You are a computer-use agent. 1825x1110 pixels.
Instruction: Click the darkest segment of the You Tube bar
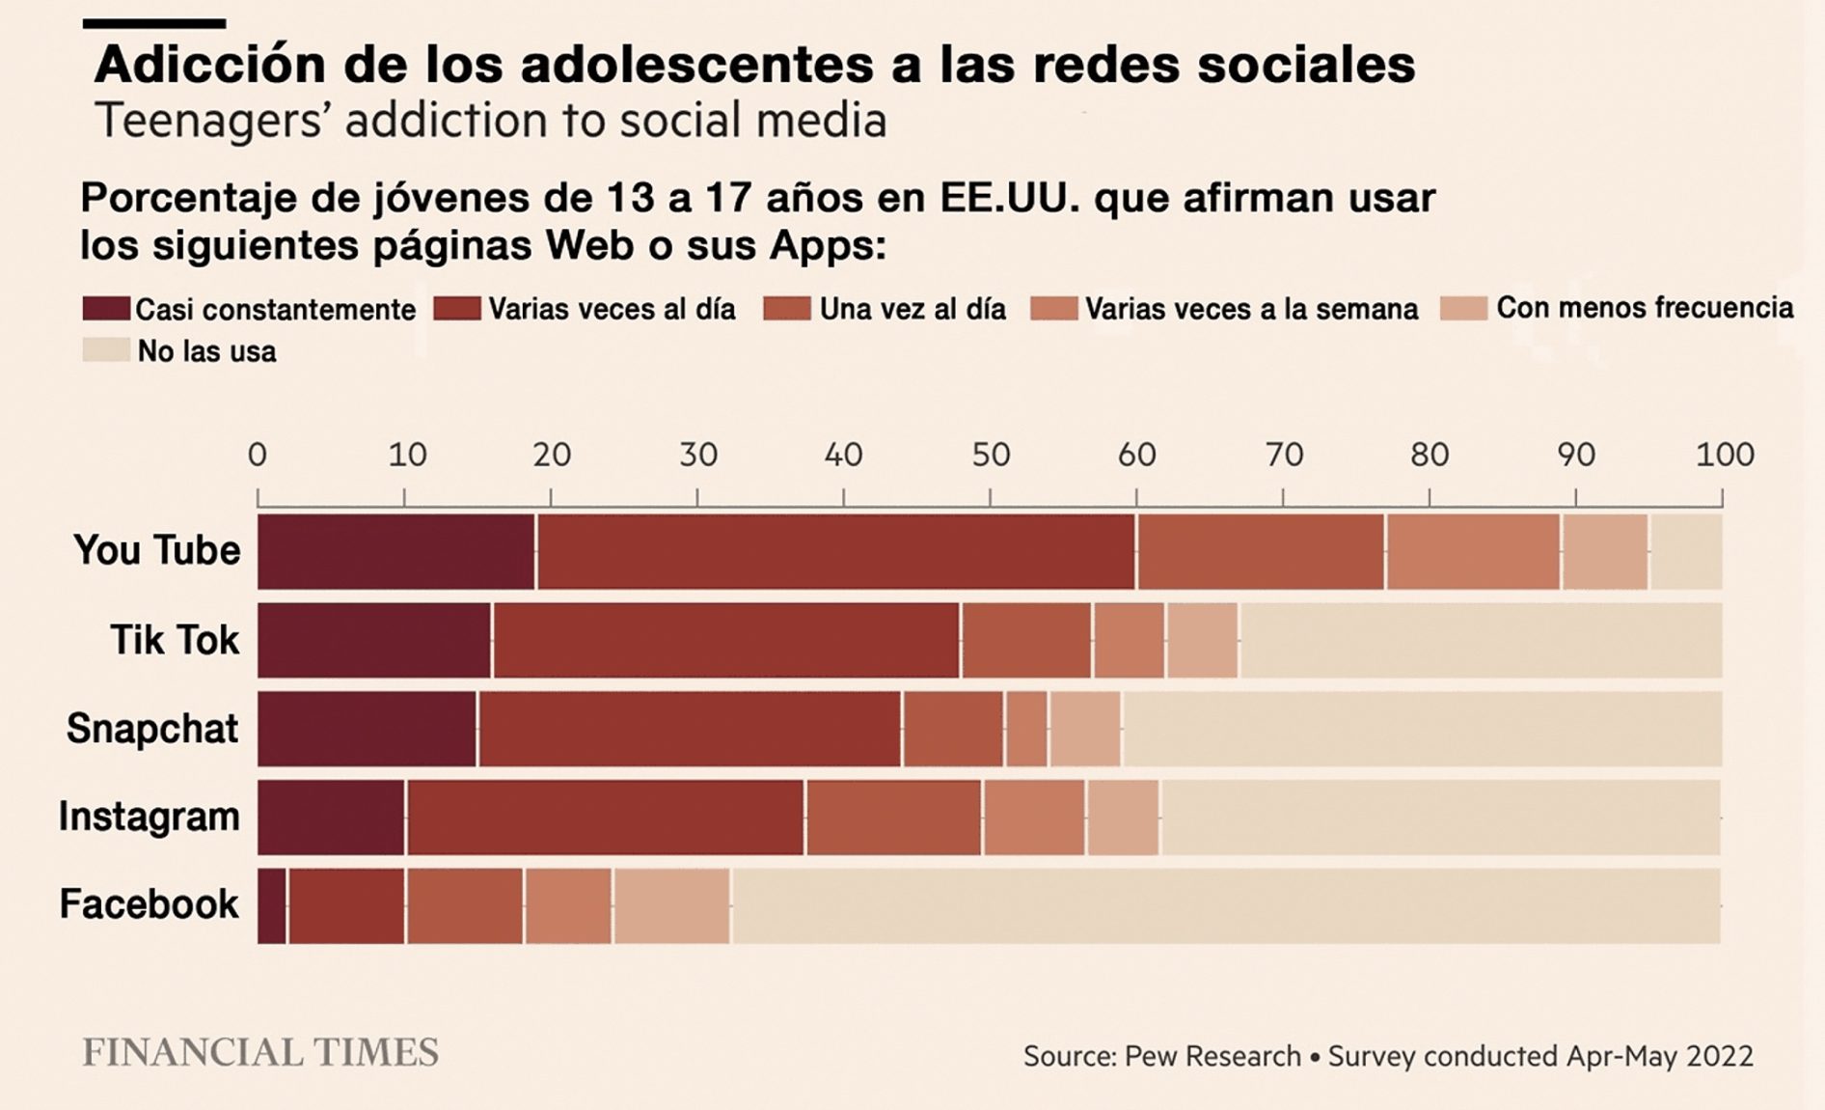(x=396, y=551)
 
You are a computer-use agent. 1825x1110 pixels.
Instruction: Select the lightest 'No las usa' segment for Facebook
(x=1225, y=905)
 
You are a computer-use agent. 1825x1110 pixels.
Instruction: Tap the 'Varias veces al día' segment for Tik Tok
(x=726, y=641)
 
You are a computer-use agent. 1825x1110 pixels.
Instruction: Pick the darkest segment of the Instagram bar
(x=331, y=818)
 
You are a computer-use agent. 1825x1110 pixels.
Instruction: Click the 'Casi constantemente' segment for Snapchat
(x=368, y=729)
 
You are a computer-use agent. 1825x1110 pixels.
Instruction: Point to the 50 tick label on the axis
(x=990, y=455)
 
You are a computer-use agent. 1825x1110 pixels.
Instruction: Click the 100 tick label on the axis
(x=1725, y=455)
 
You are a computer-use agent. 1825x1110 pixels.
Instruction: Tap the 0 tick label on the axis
(x=257, y=455)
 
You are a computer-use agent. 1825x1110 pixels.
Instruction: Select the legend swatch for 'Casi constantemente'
(x=106, y=309)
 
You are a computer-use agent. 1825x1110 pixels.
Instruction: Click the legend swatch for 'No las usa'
(x=106, y=349)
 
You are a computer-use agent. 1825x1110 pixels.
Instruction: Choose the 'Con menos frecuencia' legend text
(x=1645, y=308)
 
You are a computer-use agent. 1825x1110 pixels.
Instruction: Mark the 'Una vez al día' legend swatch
(x=786, y=309)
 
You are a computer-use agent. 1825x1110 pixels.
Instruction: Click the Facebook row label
(x=149, y=904)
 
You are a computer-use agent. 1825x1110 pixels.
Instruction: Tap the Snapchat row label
(x=152, y=729)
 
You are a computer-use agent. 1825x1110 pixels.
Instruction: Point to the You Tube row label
(x=157, y=550)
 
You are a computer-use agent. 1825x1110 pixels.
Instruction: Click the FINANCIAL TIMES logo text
(x=260, y=1052)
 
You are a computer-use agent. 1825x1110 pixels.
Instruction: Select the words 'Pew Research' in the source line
(x=1212, y=1056)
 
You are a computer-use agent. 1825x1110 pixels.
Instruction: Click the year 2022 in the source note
(x=1720, y=1056)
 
